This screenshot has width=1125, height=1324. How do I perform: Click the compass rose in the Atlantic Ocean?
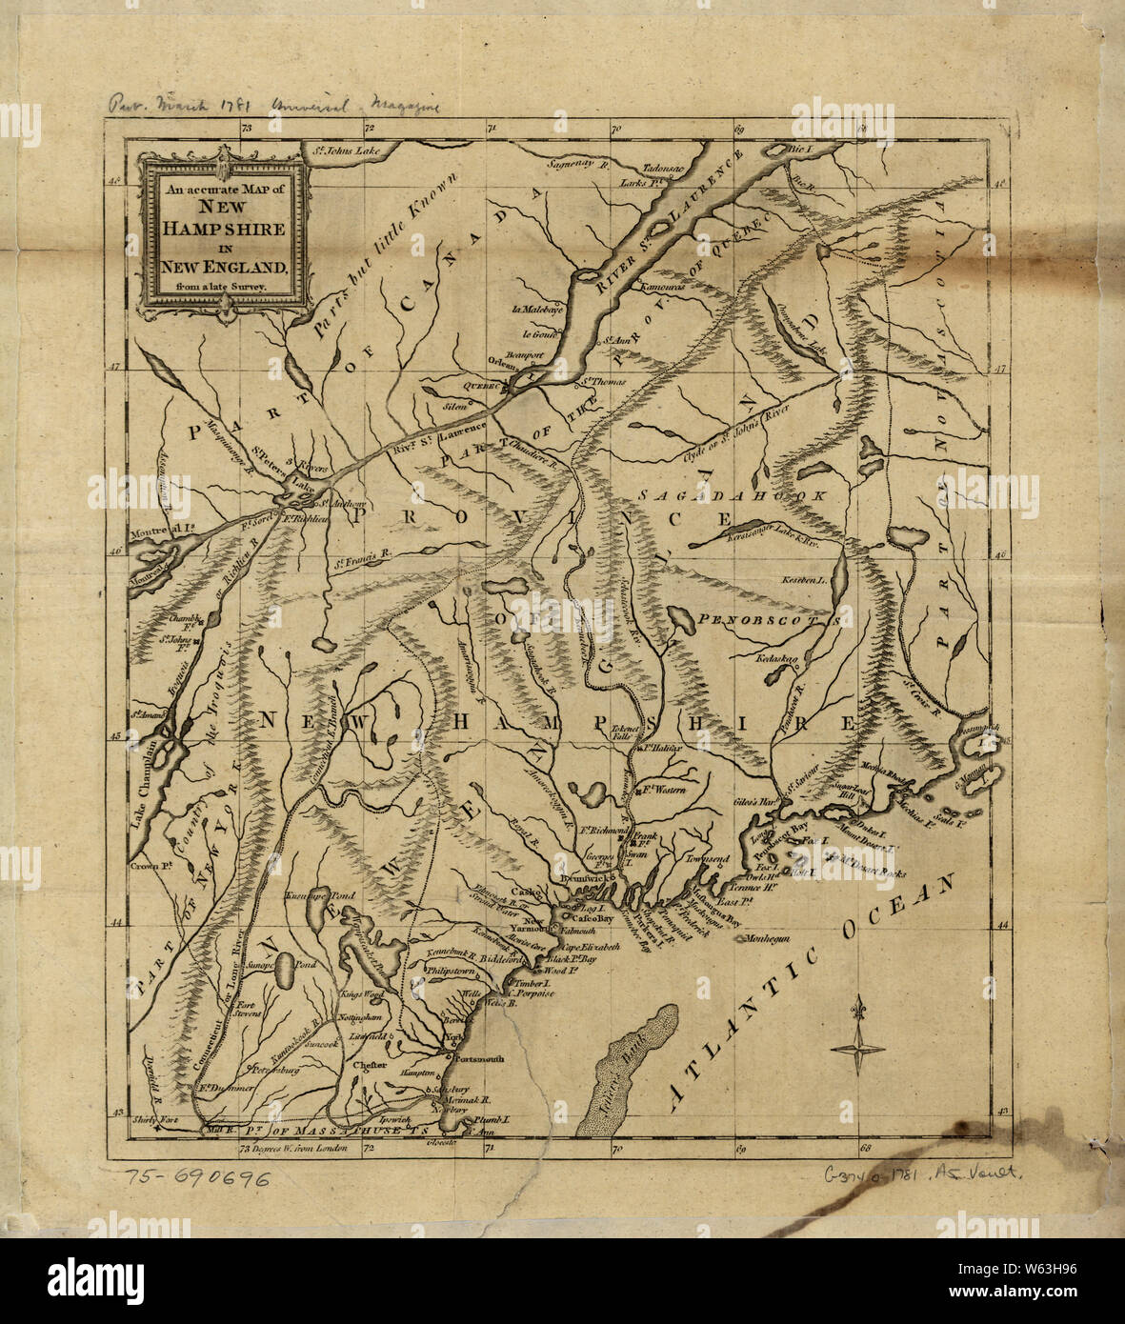858,1048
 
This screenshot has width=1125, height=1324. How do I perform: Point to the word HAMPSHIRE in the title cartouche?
223,229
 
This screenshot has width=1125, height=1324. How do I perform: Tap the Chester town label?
369,1066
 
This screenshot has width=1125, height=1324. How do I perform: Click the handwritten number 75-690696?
197,1177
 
